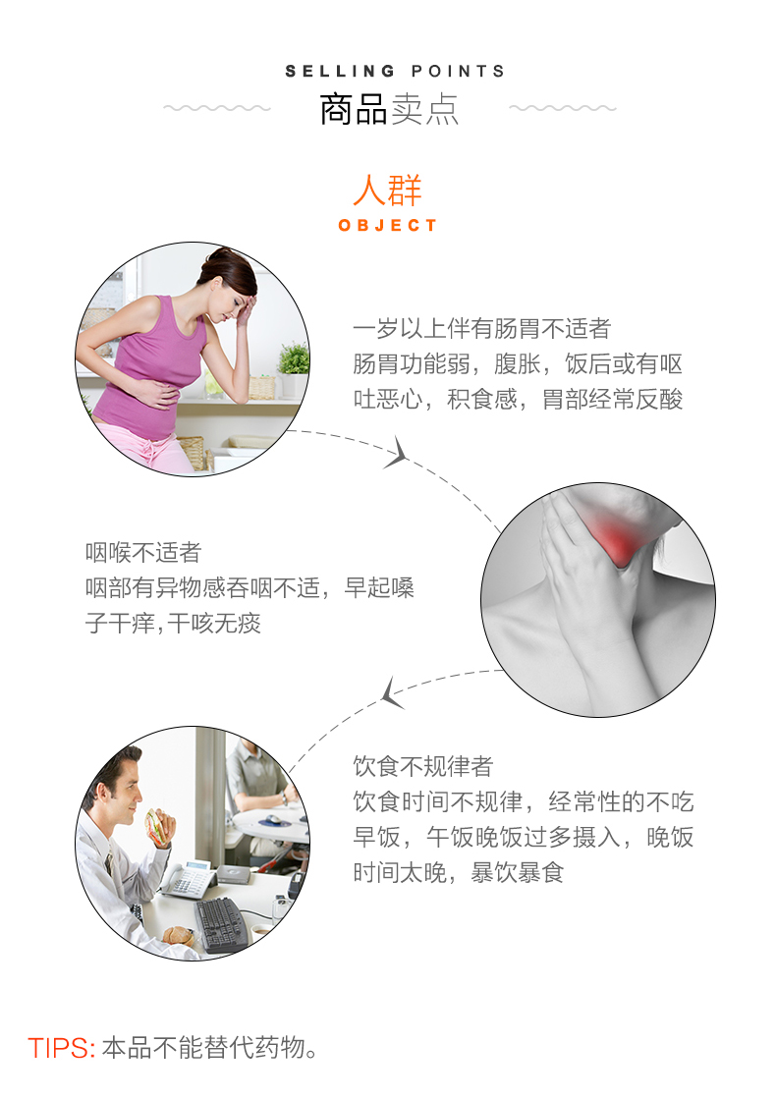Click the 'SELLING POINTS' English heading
tap(395, 71)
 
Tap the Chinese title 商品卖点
tap(389, 109)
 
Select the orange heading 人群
tap(388, 190)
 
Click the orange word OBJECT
tap(388, 225)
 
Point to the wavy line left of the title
tap(217, 108)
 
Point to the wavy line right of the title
tap(563, 108)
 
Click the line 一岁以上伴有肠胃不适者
tap(481, 328)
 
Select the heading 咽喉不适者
tap(143, 552)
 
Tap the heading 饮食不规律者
tap(422, 766)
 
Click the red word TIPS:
tap(62, 1048)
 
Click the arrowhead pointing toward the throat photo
tap(397, 453)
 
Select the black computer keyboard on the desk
tap(222, 924)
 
